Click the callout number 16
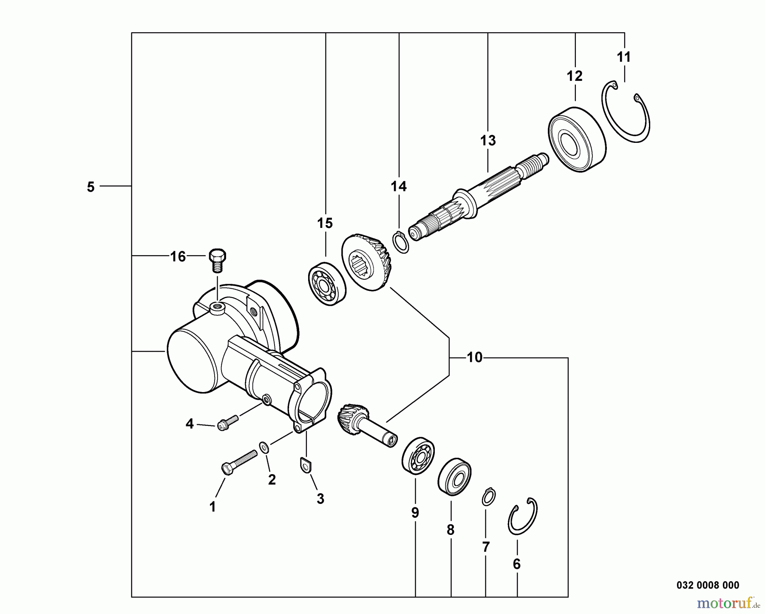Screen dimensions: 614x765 pyautogui.click(x=178, y=256)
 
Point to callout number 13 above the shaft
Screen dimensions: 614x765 pyautogui.click(x=488, y=140)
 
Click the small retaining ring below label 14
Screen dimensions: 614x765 pyautogui.click(x=400, y=242)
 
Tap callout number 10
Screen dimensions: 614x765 pyautogui.click(x=475, y=358)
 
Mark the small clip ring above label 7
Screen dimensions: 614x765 pyautogui.click(x=489, y=497)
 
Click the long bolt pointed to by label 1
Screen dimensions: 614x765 pyautogui.click(x=239, y=462)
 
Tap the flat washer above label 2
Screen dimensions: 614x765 pyautogui.click(x=264, y=446)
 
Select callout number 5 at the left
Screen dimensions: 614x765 pyautogui.click(x=91, y=187)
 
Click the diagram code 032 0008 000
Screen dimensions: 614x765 pyautogui.click(x=708, y=585)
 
